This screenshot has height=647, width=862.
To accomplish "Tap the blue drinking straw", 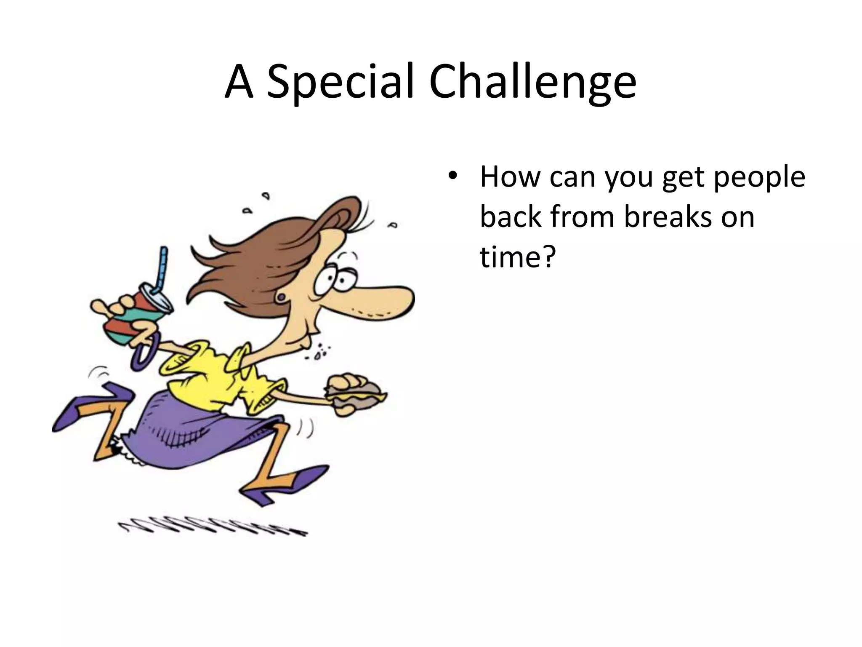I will click(162, 270).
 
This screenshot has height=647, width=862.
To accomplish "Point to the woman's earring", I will click(280, 298).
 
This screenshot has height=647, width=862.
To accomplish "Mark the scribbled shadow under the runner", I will click(210, 529).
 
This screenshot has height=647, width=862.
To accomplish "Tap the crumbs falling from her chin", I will click(322, 352).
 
